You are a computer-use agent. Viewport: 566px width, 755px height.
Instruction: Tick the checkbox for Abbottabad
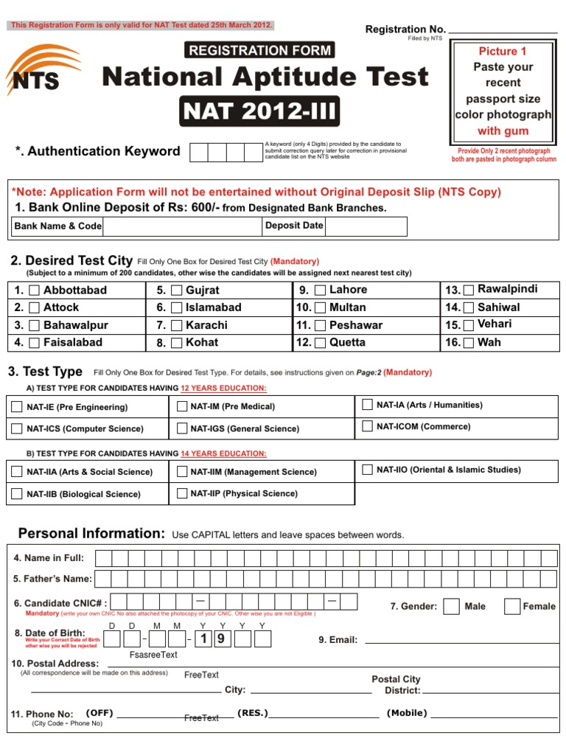pos(35,290)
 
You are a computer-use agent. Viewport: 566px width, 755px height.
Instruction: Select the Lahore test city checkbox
pos(320,290)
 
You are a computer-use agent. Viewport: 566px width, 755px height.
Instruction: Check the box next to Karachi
pos(176,325)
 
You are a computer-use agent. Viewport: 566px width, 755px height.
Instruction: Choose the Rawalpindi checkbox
pos(469,290)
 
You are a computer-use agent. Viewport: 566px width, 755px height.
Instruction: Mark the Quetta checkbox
pos(320,343)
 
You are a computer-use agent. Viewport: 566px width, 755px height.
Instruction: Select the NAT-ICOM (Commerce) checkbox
pos(367,426)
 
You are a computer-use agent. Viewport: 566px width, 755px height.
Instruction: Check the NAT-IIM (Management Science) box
pos(181,472)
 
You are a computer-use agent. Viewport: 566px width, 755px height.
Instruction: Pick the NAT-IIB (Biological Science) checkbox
pos(16,494)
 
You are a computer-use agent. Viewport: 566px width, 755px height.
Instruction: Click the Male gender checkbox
pos(452,606)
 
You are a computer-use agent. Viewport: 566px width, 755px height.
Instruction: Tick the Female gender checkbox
pos(511,606)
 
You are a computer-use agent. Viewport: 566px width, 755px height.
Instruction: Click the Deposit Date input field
pos(366,226)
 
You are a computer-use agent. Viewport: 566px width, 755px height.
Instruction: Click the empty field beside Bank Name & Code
pos(182,226)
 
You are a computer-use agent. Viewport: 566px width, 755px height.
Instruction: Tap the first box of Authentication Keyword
pos(199,152)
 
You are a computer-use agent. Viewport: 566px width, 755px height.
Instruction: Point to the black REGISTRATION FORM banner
pos(259,50)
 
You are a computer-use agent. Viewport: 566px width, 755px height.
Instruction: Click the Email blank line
pos(461,640)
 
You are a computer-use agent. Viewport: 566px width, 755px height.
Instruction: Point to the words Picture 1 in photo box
pos(503,52)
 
